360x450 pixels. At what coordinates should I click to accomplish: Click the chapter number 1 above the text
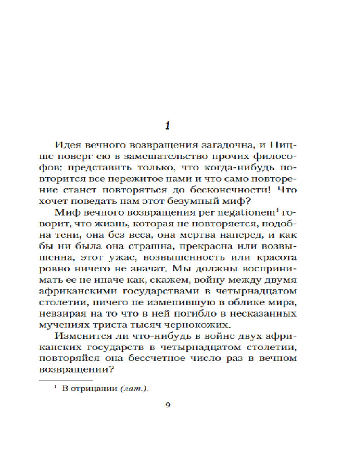coord(167,126)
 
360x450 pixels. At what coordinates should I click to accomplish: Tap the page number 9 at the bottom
coord(168,404)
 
